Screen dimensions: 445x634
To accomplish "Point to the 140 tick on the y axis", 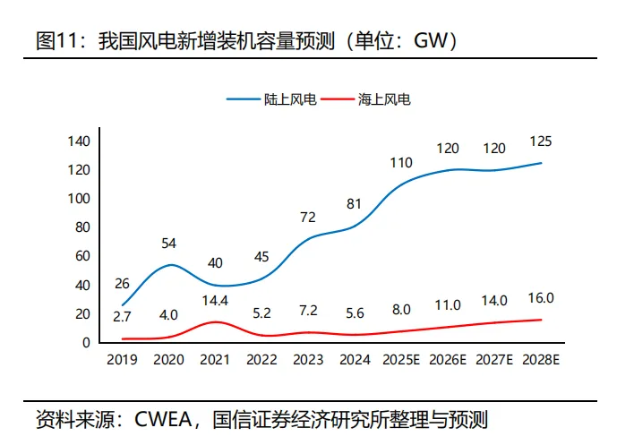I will pos(78,141).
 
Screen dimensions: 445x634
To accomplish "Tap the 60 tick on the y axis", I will pos(81,256).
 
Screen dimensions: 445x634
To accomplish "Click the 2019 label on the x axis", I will pos(122,360).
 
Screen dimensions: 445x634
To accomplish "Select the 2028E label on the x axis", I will pos(541,360).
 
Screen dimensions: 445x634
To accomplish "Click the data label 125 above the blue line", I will pos(541,141).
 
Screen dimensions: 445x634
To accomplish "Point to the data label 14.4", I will pos(215,300).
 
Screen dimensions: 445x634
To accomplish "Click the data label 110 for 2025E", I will pos(401,162).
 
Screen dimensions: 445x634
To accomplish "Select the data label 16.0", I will pos(541,298).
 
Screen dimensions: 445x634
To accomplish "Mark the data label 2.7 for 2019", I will pos(123,315).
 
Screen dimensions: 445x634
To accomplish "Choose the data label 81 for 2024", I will pos(354,204).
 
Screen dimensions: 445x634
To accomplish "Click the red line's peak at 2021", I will pos(215,322).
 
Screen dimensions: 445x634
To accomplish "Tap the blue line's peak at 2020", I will pos(170,265).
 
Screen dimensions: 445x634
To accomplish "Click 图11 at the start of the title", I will pos(56,40).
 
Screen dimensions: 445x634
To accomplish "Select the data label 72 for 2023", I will pos(308,217).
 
